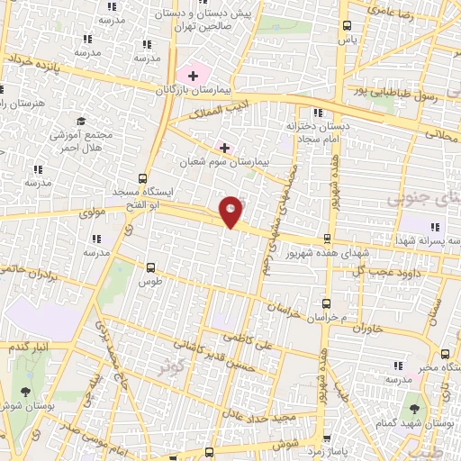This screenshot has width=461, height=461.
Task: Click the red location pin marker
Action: click(231, 211)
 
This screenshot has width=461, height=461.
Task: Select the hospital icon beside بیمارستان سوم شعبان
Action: click(224, 147)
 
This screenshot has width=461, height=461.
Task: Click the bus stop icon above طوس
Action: click(150, 267)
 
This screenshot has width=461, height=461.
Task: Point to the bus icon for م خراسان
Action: click(326, 305)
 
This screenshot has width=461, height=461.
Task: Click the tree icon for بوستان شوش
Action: click(24, 392)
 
